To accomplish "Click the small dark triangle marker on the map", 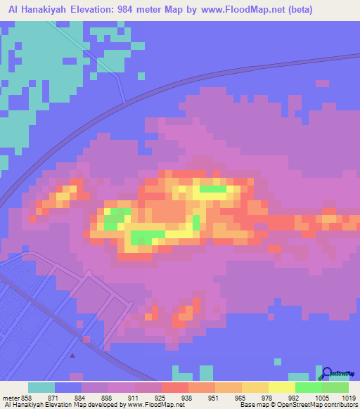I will [72, 355].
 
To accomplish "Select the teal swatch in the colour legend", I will [41, 387].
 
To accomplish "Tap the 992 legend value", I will [285, 397].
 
